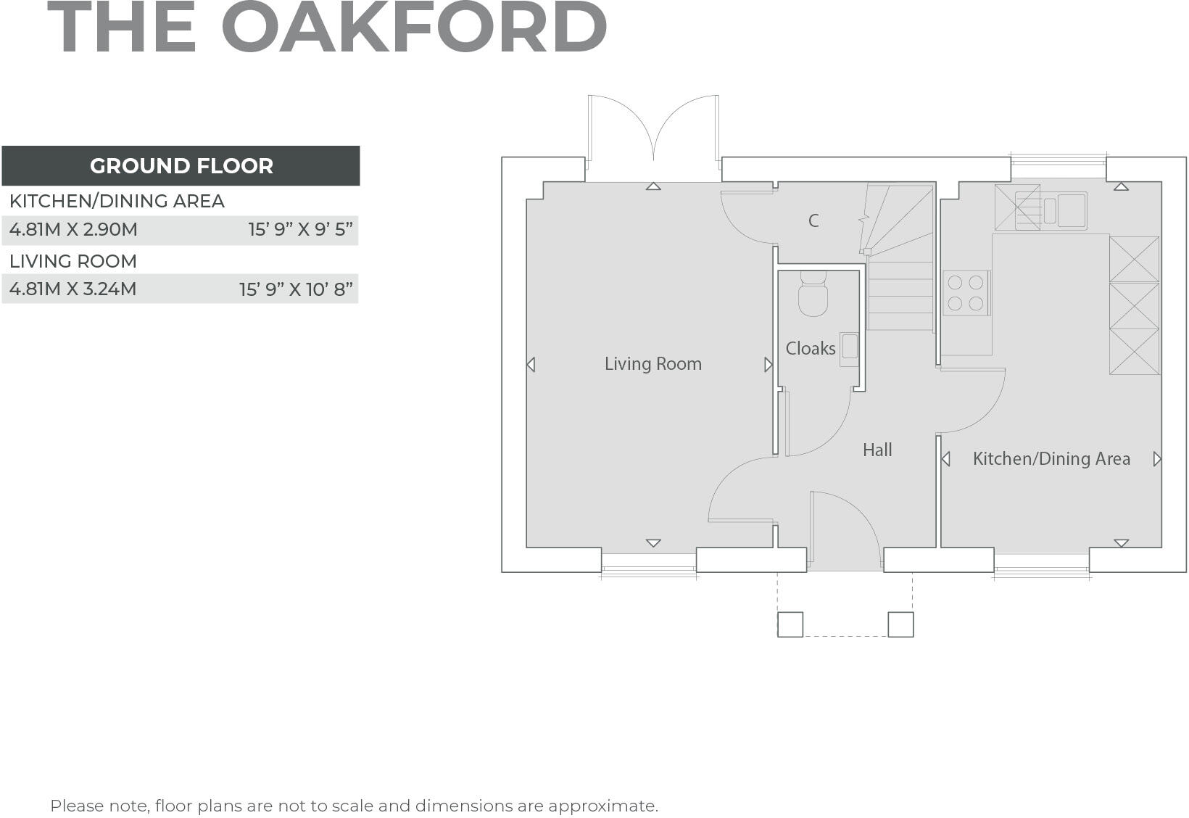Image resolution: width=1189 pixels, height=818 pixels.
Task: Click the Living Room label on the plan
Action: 652,363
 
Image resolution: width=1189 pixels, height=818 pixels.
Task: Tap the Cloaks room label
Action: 810,349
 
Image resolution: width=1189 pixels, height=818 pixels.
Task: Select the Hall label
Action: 877,450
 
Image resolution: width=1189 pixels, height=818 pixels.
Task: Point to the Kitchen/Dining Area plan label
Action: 1051,458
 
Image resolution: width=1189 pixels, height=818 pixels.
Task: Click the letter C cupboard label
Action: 813,220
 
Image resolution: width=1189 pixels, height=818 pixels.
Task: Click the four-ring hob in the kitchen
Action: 965,292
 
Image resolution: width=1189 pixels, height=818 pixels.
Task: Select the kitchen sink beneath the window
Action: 1063,210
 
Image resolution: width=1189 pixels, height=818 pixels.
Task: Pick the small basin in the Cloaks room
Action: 849,346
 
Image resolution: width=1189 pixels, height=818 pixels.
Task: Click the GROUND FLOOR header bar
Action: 181,165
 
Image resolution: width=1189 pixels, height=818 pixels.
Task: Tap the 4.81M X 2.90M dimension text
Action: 73,230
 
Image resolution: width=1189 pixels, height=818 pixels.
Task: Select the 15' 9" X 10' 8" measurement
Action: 296,289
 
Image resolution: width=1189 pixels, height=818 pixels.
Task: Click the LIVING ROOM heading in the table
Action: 73,261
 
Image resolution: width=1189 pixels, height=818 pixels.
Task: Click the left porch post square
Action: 790,624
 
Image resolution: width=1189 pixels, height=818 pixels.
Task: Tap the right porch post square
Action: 900,624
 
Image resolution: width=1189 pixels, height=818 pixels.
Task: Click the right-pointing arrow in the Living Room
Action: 768,365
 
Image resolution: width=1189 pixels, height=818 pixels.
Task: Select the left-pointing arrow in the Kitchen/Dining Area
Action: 945,459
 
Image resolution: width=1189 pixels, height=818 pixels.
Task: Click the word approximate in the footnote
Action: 602,806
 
